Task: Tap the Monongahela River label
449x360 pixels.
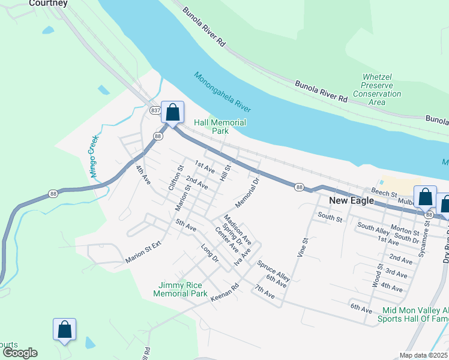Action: [223, 92]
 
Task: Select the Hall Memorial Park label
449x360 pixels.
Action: [220, 127]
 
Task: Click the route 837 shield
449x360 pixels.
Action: [155, 110]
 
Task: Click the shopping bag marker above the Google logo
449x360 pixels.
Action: [64, 329]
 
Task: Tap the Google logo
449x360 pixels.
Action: [20, 353]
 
